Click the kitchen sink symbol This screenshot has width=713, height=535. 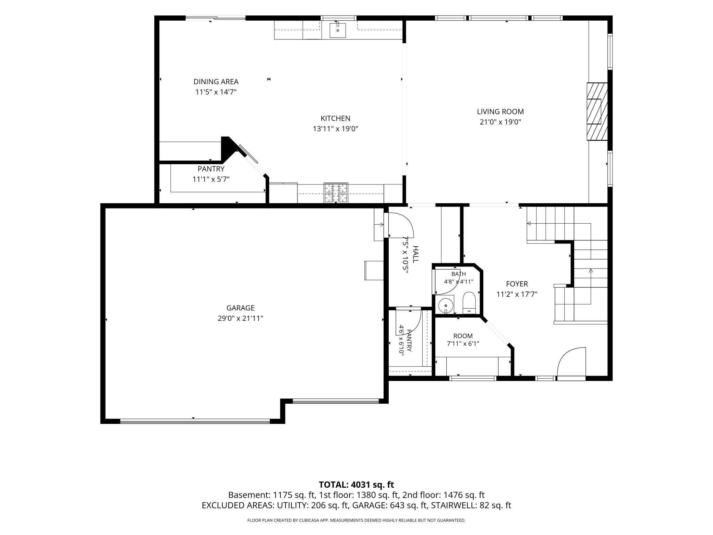pos(338,29)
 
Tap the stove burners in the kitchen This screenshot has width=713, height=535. pos(336,193)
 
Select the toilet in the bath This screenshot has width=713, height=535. pos(468,302)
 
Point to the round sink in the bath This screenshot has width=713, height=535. pos(445,305)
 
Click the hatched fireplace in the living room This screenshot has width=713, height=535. pos(597,111)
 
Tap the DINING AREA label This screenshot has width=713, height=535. pos(216,82)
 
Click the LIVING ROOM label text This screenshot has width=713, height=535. pos(500,111)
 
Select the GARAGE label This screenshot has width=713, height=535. pos(240,308)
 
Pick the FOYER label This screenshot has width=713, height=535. pos(517,284)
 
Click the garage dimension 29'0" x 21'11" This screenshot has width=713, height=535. pos(240,318)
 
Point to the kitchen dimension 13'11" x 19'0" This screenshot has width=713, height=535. pos(336,129)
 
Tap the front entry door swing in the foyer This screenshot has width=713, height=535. pos(571,361)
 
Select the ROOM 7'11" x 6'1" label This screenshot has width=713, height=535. pos(463,340)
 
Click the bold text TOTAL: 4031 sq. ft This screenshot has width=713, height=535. pos(356,485)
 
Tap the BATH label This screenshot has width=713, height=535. pos(459,274)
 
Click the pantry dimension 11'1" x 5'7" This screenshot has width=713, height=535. pos(211,179)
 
